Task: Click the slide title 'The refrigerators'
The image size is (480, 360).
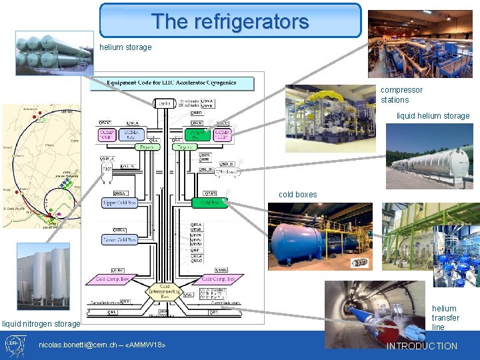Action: (230, 21)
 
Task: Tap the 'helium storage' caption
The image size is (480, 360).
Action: (125, 47)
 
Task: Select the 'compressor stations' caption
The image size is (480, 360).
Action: (401, 95)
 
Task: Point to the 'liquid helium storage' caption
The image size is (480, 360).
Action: (433, 116)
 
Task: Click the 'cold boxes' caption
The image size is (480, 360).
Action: (297, 195)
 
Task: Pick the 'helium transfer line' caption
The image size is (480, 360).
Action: (445, 318)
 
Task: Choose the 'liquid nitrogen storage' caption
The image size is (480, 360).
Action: (41, 324)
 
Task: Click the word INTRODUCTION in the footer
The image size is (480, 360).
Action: (423, 346)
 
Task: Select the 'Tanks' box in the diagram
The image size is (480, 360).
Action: (164, 103)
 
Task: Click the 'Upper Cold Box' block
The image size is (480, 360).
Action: (120, 202)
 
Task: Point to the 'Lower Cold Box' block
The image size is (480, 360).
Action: (120, 239)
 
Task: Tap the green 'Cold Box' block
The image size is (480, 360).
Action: (209, 202)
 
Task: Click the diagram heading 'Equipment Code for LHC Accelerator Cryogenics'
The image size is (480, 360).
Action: (172, 84)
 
